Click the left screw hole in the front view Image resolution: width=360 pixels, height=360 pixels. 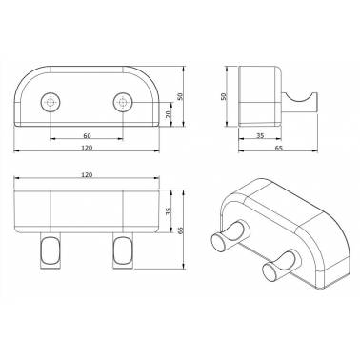tap(50, 103)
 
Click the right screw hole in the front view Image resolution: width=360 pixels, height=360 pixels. tap(123, 103)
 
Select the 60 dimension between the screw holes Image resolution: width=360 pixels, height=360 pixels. tap(87, 136)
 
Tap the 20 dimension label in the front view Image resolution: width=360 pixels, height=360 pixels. tap(169, 113)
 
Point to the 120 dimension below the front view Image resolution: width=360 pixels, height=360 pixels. tap(87, 148)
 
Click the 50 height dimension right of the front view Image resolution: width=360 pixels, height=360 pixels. tap(180, 96)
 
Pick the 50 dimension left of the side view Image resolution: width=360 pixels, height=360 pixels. tap(223, 96)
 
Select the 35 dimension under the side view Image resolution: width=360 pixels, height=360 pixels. tap(260, 136)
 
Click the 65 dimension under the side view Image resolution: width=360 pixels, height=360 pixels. tap(277, 148)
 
